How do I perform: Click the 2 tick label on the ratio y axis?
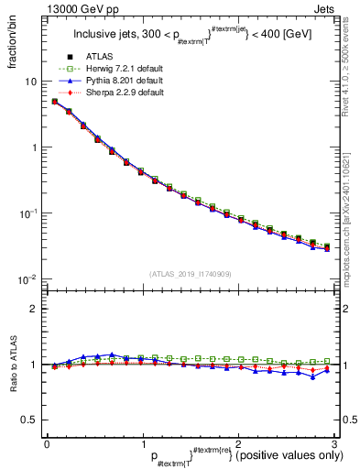pyautogui.click(x=33, y=309)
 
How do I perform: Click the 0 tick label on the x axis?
pyautogui.click(x=47, y=444)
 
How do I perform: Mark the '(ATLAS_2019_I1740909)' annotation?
pyautogui.click(x=189, y=274)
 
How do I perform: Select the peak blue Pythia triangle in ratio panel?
pyautogui.click(x=112, y=354)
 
